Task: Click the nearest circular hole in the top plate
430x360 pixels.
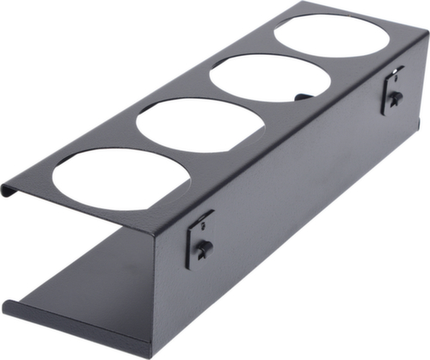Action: pos(121,176)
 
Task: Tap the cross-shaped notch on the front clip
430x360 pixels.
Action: pos(203,248)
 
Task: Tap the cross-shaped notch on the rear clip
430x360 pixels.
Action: pos(395,98)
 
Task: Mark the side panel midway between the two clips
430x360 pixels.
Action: pos(297,172)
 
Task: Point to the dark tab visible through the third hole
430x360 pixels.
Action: pos(303,96)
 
